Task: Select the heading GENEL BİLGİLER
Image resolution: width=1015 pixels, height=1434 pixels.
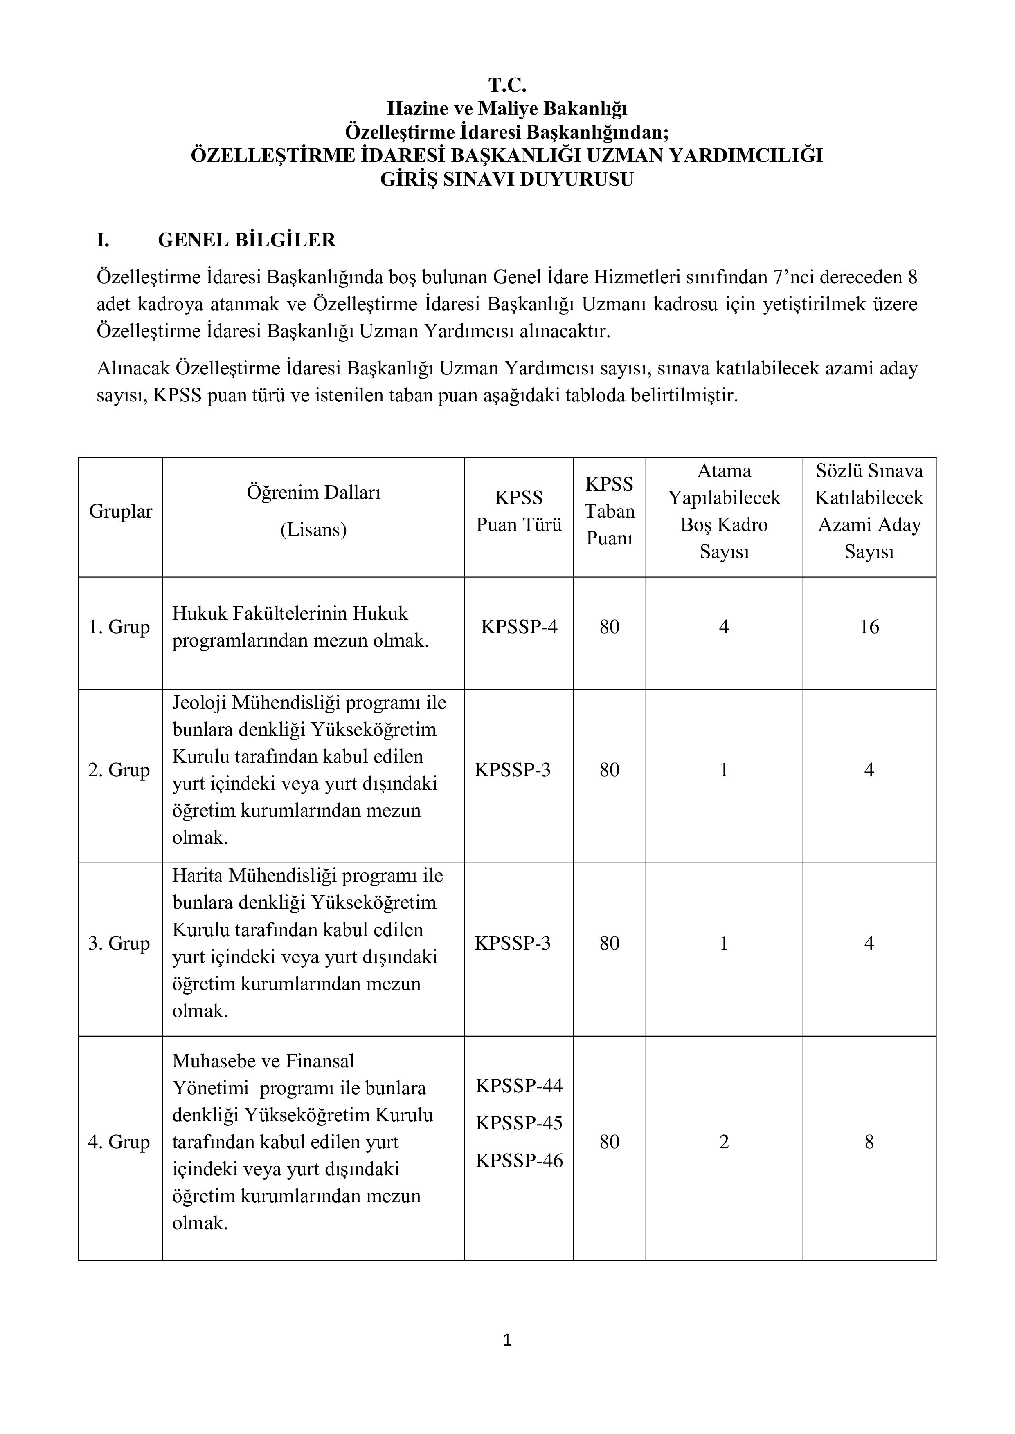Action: click(x=246, y=240)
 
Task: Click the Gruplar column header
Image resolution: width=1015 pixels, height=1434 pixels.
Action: click(x=121, y=511)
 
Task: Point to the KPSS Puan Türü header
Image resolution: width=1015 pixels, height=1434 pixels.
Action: click(x=519, y=511)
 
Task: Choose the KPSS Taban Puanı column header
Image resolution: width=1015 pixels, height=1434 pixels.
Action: click(x=610, y=511)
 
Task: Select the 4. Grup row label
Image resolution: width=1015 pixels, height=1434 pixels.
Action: click(x=119, y=1142)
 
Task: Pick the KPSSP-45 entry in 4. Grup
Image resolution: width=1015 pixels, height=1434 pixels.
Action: click(x=519, y=1123)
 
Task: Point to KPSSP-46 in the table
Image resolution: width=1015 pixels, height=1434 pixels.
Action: click(x=519, y=1161)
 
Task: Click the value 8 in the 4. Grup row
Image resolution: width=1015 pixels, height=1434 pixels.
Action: click(x=869, y=1142)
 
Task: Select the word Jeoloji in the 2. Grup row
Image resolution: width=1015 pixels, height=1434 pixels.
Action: click(x=199, y=703)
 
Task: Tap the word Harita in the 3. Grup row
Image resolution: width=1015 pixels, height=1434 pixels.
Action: click(x=198, y=876)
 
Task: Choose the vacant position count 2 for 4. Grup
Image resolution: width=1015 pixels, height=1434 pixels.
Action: click(x=724, y=1142)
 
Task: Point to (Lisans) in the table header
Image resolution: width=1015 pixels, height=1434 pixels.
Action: click(x=313, y=530)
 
